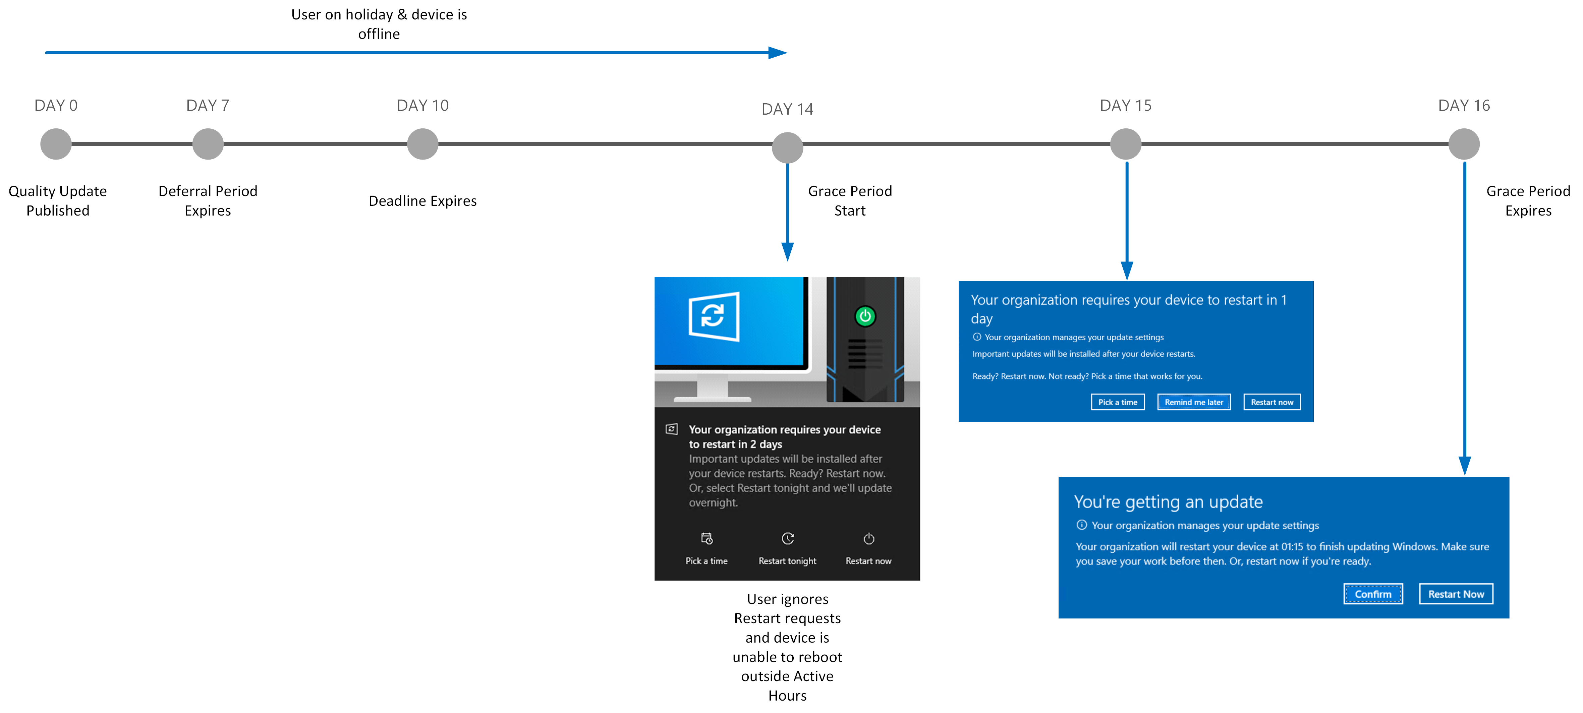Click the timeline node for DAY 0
56,144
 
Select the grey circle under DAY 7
208,144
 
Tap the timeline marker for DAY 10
423,144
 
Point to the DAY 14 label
787,109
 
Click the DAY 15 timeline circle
1126,144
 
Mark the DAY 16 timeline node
1464,144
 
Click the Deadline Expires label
423,201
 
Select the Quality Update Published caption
58,201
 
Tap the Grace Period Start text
850,201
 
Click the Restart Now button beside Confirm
1456,594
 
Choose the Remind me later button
1194,402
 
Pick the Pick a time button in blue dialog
1118,402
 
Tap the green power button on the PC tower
865,316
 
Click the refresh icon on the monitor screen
714,317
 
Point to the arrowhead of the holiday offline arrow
786,53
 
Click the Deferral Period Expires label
208,201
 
